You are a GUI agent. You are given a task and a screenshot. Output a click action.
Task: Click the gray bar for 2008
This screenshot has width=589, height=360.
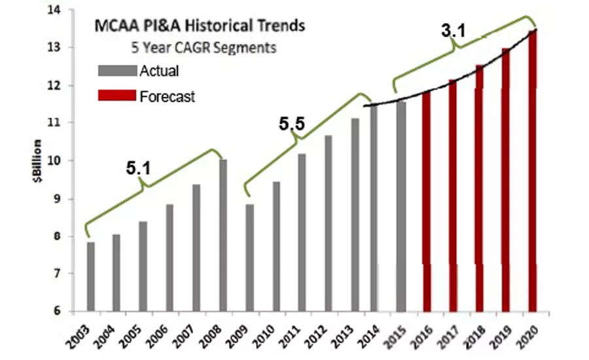pos(223,235)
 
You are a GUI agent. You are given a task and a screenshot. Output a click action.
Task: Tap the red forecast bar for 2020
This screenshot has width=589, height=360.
pos(533,170)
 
